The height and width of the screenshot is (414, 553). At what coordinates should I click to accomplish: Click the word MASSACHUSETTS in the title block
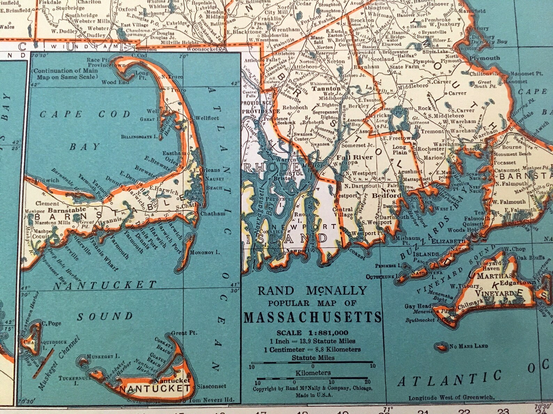[x=312, y=317]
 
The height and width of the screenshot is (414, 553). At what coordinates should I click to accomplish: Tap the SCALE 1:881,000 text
[x=312, y=333]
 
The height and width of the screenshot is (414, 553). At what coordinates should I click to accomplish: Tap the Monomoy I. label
[x=205, y=252]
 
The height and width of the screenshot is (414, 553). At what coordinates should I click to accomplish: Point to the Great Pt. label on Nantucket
[x=184, y=333]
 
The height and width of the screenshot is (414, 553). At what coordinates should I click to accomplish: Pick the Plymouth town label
[x=484, y=58]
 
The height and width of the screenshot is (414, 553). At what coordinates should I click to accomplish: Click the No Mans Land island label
[x=468, y=346]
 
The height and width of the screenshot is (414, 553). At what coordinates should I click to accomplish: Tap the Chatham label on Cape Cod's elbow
[x=212, y=213]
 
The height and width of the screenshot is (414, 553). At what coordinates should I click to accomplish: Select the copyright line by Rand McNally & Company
[x=312, y=389]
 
